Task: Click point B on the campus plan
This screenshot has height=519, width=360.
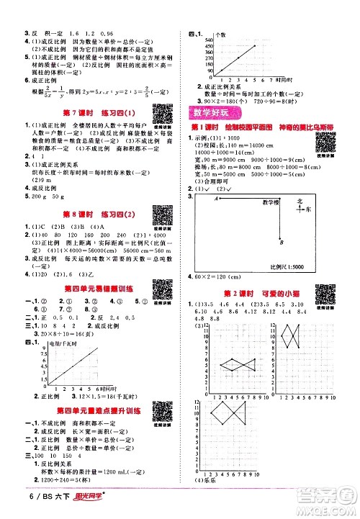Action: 282,243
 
